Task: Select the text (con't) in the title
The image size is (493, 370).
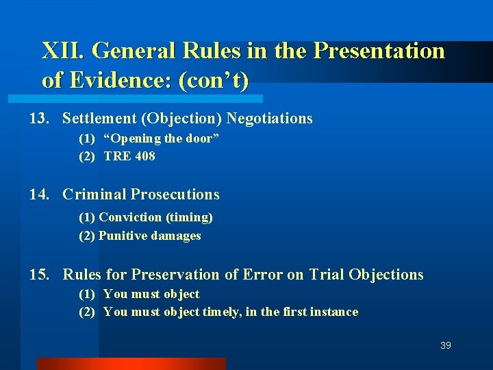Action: point(213,80)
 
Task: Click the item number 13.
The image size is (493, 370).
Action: point(38,119)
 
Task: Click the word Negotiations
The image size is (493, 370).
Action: point(269,119)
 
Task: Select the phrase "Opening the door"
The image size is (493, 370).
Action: point(162,138)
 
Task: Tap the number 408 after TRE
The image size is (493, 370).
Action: point(145,156)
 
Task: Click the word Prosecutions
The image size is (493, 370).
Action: point(175,195)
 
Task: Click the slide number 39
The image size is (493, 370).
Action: point(446,345)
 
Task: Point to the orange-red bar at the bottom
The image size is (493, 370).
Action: point(131,363)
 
